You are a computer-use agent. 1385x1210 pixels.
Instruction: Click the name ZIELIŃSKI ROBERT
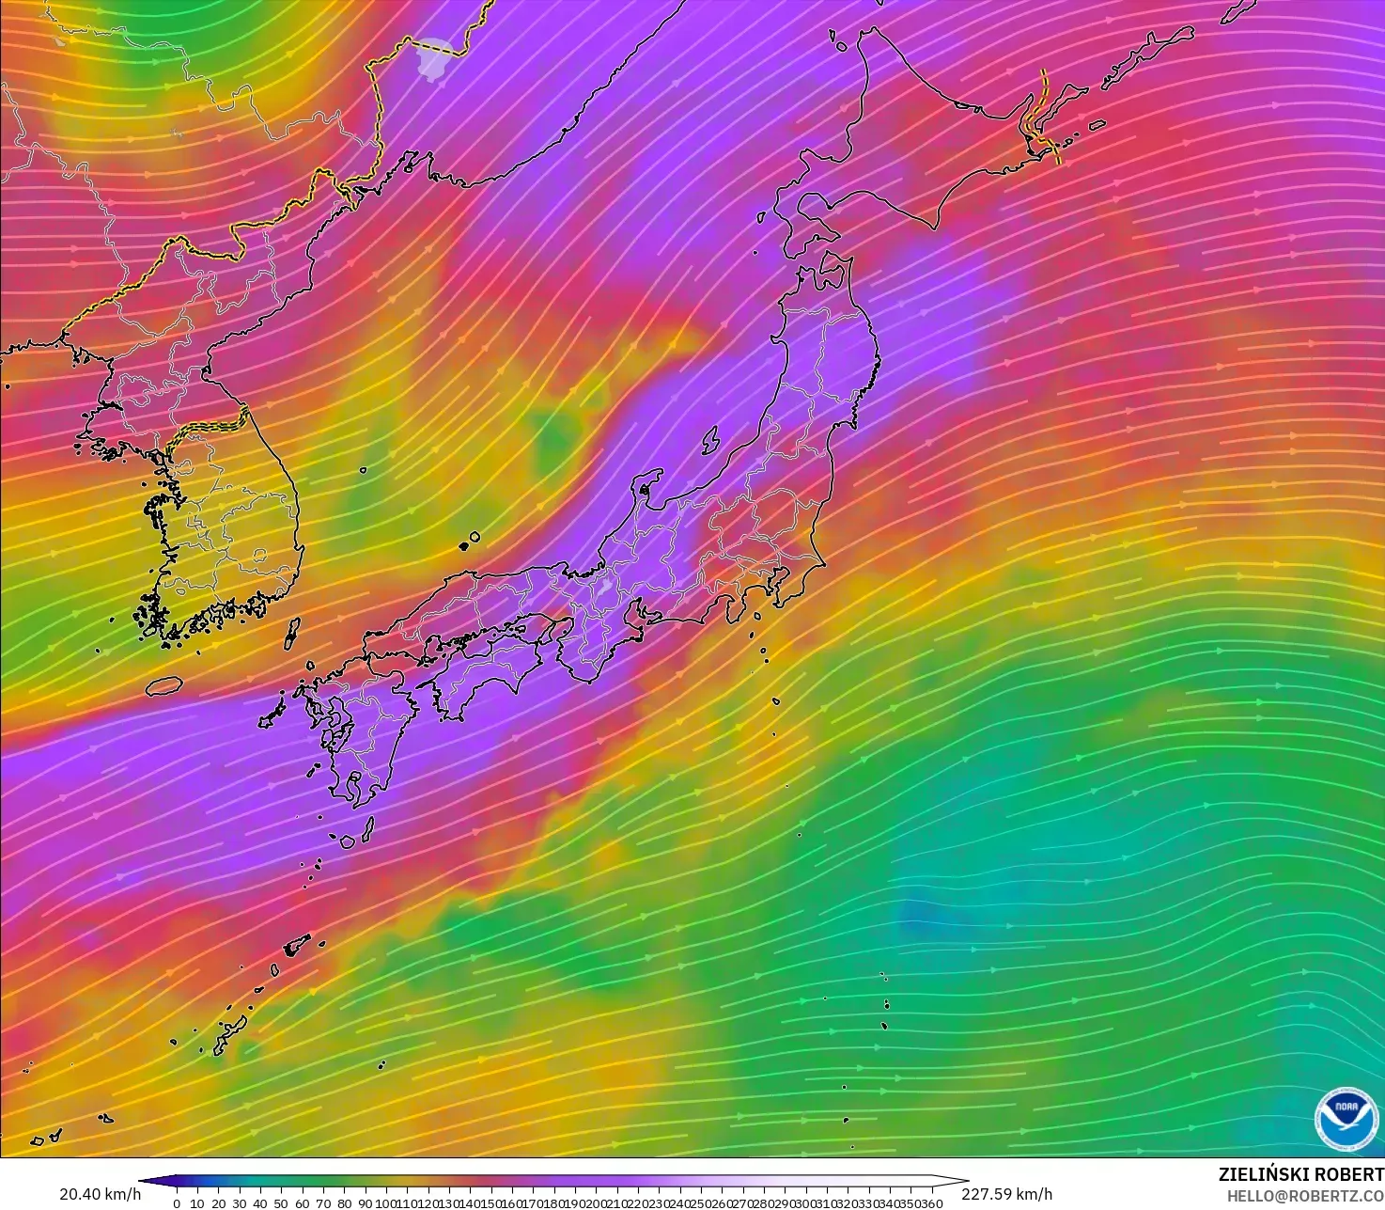pos(1300,1174)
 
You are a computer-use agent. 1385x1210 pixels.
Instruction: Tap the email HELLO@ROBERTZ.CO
pos(1305,1195)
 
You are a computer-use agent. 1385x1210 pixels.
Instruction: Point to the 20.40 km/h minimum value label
pos(100,1194)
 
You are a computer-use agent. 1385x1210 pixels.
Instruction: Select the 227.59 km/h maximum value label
pos(1006,1194)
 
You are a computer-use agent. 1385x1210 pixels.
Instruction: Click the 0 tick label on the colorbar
pos(177,1203)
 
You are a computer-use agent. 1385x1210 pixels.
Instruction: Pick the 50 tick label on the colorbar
pos(281,1203)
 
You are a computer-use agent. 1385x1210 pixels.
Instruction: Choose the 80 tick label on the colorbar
pos(344,1203)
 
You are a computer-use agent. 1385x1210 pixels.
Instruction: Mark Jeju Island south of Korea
pos(163,685)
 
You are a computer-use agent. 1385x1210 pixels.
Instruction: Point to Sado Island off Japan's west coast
pos(710,439)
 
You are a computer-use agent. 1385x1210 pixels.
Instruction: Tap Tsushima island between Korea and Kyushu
pos(292,634)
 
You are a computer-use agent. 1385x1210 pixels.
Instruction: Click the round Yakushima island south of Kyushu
pos(347,841)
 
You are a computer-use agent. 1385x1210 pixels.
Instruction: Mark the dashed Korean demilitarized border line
pos(211,425)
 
